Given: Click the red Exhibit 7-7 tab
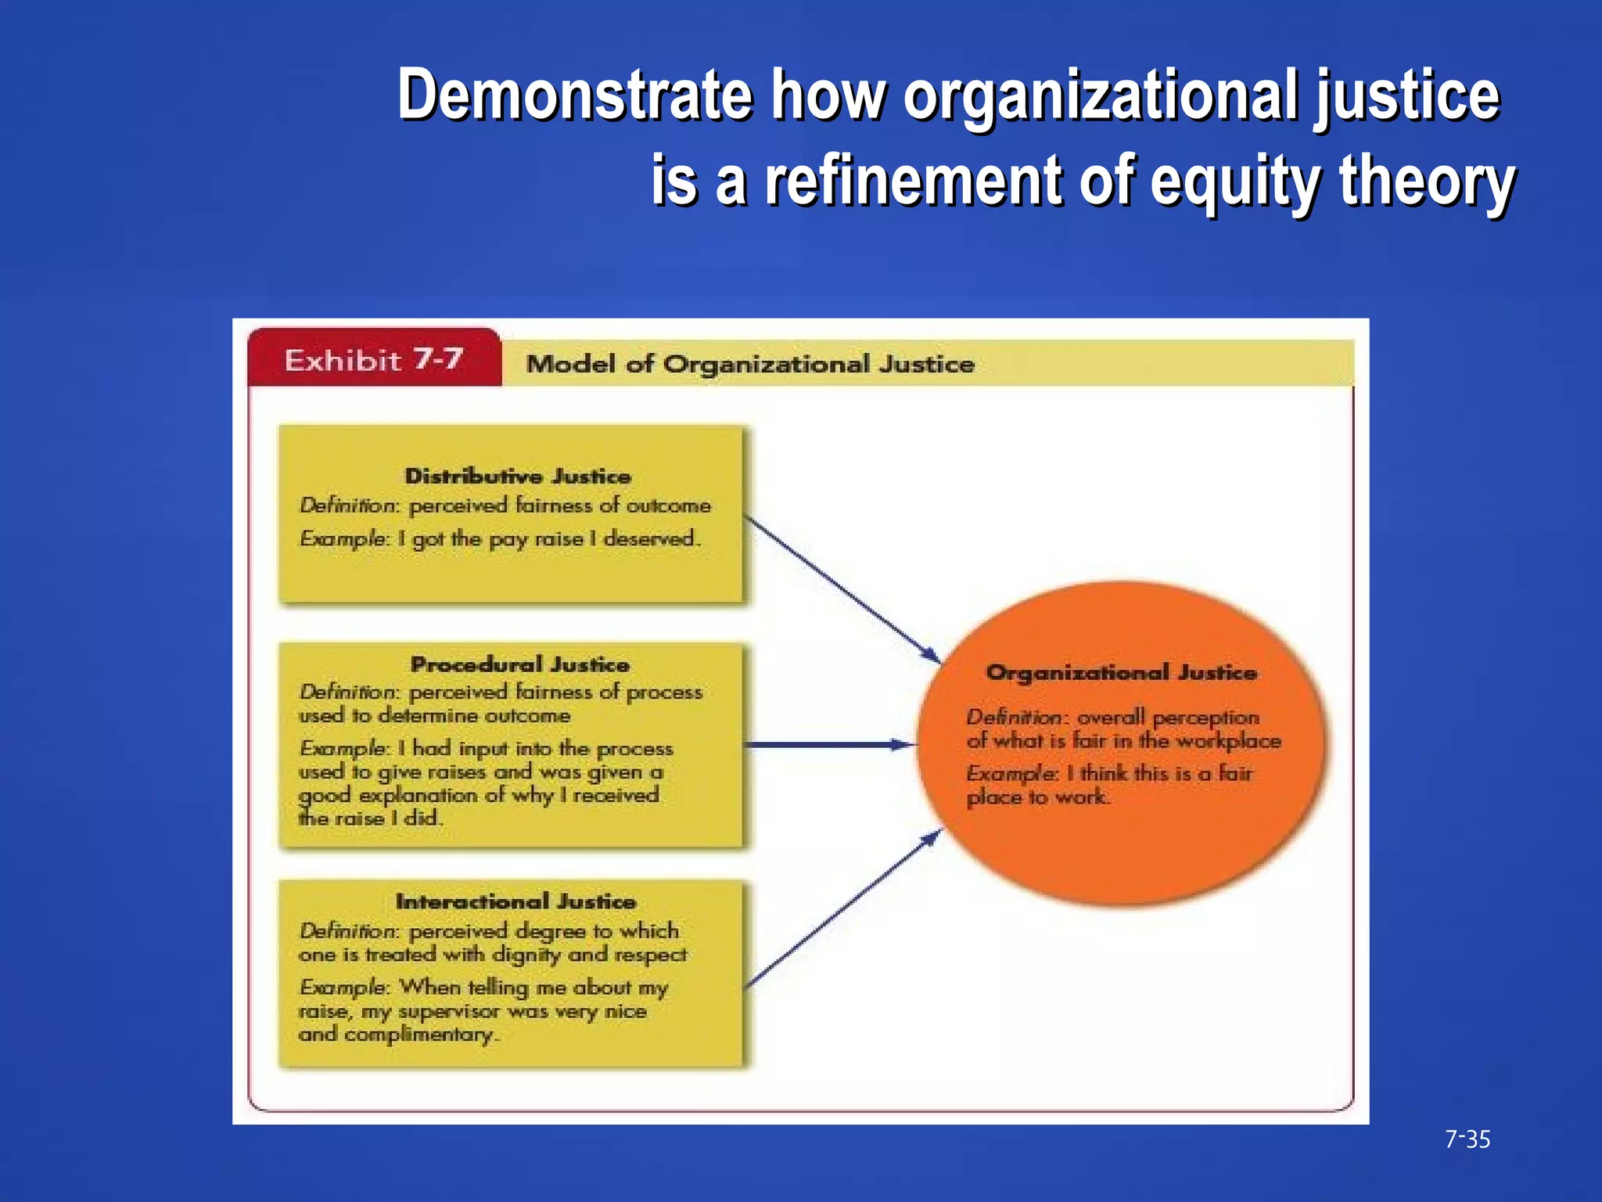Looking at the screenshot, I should click(x=373, y=360).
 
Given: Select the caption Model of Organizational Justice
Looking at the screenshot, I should click(x=749, y=364).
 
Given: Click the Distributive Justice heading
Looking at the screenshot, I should click(x=517, y=476).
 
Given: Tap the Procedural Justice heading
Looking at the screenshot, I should click(x=519, y=664).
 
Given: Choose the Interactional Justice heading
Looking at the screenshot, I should click(x=515, y=901).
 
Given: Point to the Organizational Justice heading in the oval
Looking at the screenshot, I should click(x=1121, y=672).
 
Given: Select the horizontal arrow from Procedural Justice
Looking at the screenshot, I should click(x=829, y=745).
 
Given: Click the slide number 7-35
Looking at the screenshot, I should click(x=1467, y=1139).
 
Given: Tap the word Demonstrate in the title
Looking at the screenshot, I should click(x=575, y=95).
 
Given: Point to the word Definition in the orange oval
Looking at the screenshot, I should click(x=1015, y=717).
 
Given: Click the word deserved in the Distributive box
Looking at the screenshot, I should click(x=649, y=538).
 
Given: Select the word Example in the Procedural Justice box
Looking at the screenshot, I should click(x=343, y=748).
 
